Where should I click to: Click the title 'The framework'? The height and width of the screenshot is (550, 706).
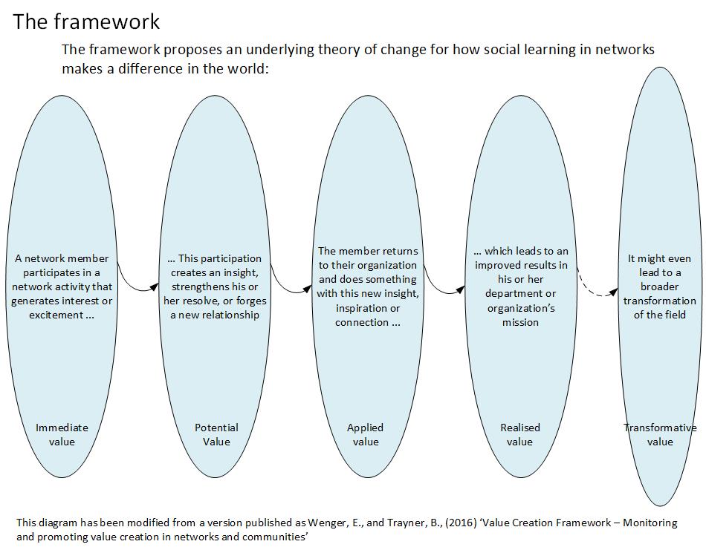pos(86,22)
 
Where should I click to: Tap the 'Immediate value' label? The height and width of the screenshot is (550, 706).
pos(62,434)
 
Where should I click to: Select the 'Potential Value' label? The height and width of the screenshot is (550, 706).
pos(216,434)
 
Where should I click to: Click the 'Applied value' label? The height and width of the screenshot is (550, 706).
pos(365,434)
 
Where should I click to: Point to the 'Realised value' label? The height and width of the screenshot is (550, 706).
pos(520,434)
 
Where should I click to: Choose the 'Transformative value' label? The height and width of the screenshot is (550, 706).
pos(660,434)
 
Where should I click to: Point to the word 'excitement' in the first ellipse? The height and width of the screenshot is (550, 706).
pos(56,315)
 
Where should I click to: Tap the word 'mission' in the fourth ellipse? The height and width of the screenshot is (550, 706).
pos(520,322)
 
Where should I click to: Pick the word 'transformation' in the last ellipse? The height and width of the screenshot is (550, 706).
pos(660,301)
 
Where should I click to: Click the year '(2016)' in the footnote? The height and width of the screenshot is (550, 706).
pos(461,523)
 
